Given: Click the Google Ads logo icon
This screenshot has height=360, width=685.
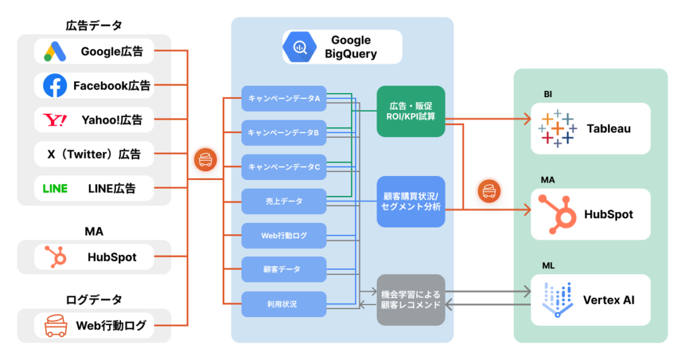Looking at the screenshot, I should (x=55, y=51).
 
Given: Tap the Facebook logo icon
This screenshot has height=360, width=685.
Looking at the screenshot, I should (x=55, y=85).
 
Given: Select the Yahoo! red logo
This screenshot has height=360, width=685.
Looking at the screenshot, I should (x=55, y=120).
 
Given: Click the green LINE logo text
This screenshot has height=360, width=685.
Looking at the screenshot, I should (x=55, y=189).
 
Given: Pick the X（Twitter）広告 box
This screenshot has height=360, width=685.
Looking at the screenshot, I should (x=94, y=154).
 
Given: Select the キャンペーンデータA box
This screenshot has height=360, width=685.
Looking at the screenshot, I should (x=284, y=98).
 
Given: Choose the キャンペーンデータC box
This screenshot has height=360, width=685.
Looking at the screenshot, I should (x=284, y=167).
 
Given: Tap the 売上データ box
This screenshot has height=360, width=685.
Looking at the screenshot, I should (x=284, y=201).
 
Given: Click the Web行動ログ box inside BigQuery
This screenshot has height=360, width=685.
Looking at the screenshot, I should (x=284, y=235).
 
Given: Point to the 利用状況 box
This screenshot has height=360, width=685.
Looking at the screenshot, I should (x=284, y=304).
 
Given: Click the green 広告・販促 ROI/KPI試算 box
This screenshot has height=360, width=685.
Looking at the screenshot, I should (x=410, y=111).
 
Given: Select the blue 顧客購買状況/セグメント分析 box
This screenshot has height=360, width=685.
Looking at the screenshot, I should (x=410, y=201).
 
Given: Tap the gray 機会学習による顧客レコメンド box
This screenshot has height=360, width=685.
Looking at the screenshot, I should (x=410, y=299).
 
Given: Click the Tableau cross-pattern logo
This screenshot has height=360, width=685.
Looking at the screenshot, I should (x=557, y=128).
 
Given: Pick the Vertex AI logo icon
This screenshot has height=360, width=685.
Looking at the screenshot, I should (x=557, y=299).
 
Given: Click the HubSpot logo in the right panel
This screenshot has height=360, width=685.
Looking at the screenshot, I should (x=557, y=214).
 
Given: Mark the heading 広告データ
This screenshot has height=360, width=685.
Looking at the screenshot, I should (x=94, y=26).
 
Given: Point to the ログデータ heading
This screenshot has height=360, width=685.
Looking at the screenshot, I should (x=94, y=299).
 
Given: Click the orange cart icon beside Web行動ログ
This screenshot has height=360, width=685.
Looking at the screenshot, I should (x=55, y=326).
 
